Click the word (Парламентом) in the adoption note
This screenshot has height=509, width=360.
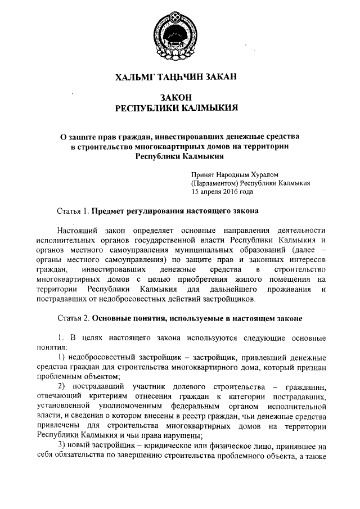point(214,183)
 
